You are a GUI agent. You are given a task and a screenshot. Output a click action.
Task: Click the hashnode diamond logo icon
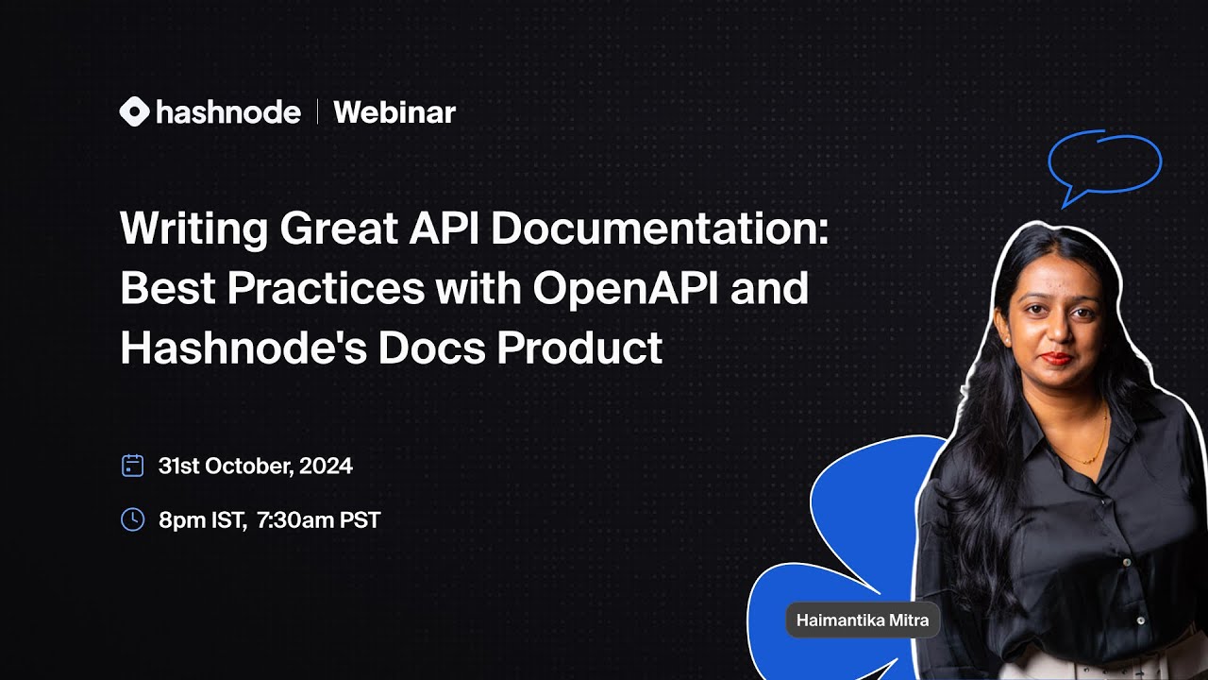(134, 112)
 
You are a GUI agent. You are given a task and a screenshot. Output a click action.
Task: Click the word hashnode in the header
(227, 112)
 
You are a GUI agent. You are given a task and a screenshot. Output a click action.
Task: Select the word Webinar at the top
(394, 112)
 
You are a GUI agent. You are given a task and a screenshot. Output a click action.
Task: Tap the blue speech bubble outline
(1104, 163)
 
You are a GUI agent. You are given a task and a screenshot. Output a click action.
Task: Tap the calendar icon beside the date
(133, 466)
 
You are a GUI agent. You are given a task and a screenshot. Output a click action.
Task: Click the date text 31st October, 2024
(256, 466)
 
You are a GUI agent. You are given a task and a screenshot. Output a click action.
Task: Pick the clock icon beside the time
(133, 519)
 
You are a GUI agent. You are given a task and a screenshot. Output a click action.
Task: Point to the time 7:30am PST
(318, 519)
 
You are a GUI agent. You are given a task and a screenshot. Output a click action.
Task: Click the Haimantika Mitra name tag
(863, 620)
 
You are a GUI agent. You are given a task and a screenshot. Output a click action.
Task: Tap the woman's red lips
(1055, 358)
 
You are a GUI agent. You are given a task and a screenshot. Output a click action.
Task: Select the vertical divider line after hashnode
(317, 112)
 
